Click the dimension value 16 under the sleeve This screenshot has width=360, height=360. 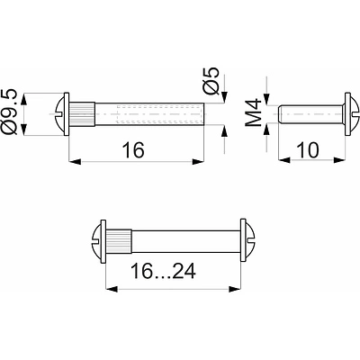pos(133,150)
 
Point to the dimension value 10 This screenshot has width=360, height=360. pos(308,150)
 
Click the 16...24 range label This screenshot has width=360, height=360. pos(164,271)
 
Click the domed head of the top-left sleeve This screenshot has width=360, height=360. pos(62,114)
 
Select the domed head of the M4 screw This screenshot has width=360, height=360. pos(352,114)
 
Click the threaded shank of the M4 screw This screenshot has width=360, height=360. pos(311,114)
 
